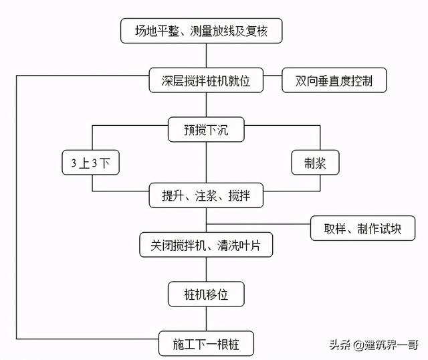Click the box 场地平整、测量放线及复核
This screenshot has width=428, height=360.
click(x=206, y=31)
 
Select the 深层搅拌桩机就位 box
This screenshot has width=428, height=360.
click(x=206, y=81)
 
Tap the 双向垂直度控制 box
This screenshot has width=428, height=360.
click(x=334, y=81)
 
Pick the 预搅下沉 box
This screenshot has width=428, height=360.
click(x=206, y=130)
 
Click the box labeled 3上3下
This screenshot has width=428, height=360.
click(x=91, y=163)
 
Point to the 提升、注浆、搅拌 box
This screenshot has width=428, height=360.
click(x=206, y=197)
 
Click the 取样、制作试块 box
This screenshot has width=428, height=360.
click(x=362, y=228)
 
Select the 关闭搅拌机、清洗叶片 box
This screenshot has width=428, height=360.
click(x=206, y=245)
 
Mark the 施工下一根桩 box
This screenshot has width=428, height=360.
click(x=206, y=343)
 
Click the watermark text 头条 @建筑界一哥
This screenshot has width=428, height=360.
click(x=372, y=345)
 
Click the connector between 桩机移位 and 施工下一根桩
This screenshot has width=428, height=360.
click(x=206, y=319)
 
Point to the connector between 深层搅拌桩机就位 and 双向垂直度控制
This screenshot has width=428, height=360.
click(x=272, y=81)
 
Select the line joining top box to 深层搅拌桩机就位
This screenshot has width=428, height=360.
click(x=206, y=56)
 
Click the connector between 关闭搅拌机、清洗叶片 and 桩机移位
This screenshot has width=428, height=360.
click(x=206, y=270)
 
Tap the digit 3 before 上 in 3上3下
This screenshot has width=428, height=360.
click(x=74, y=163)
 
